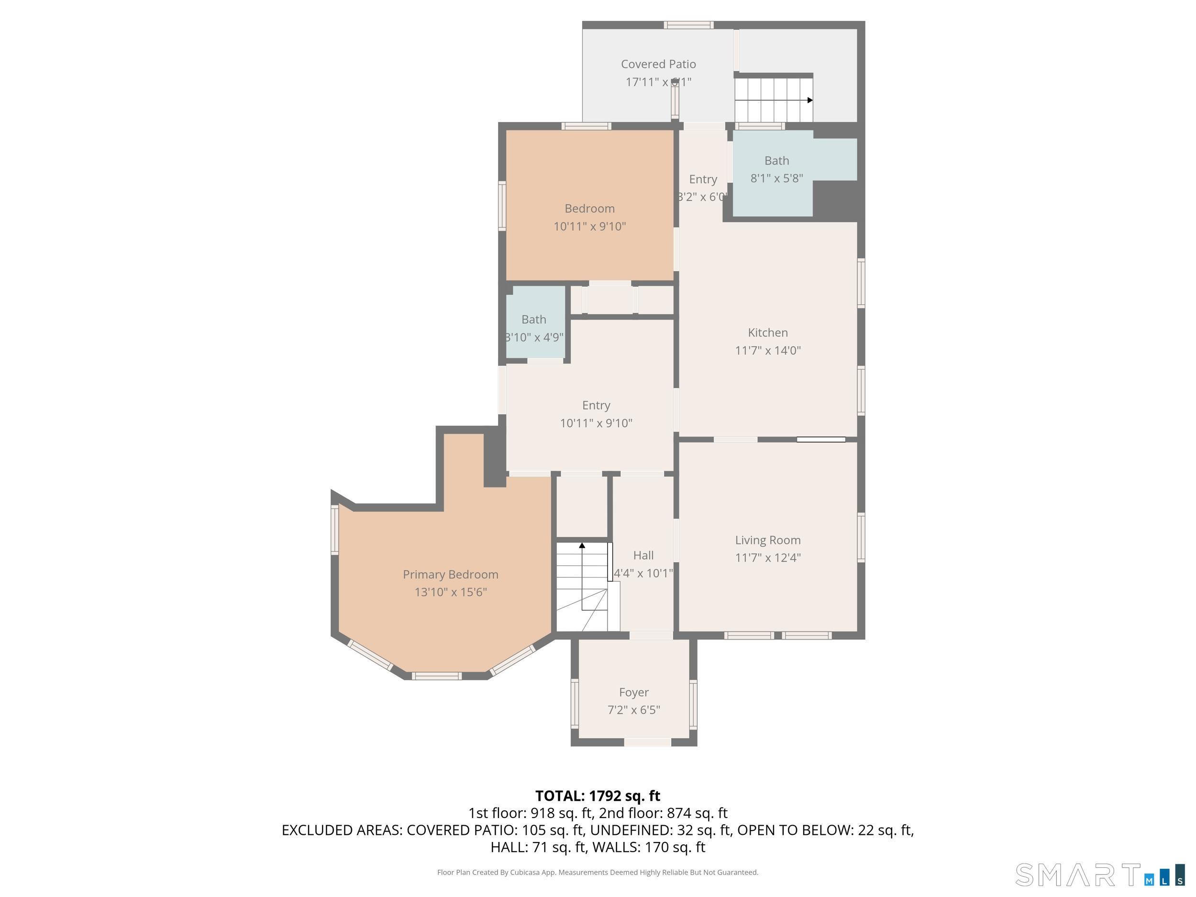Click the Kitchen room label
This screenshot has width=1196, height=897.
(767, 332)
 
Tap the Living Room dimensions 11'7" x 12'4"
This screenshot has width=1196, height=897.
(767, 557)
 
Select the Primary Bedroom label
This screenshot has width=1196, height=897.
(450, 574)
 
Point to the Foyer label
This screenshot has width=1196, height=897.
(634, 692)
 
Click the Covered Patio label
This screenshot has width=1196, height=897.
(658, 64)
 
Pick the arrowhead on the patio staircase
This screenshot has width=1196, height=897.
(809, 100)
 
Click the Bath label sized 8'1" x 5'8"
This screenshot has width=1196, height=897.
(776, 161)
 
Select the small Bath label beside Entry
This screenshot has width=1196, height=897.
(534, 320)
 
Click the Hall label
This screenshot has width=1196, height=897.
(643, 555)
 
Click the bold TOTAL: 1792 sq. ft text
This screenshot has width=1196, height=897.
(598, 796)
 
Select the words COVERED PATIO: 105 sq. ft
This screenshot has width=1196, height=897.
(495, 830)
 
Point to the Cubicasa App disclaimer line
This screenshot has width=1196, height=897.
(598, 872)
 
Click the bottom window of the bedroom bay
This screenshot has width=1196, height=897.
(436, 676)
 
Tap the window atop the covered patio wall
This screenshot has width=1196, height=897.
(688, 25)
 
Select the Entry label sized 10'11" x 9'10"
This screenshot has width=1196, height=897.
(596, 406)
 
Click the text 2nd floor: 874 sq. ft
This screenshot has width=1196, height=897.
(663, 813)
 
